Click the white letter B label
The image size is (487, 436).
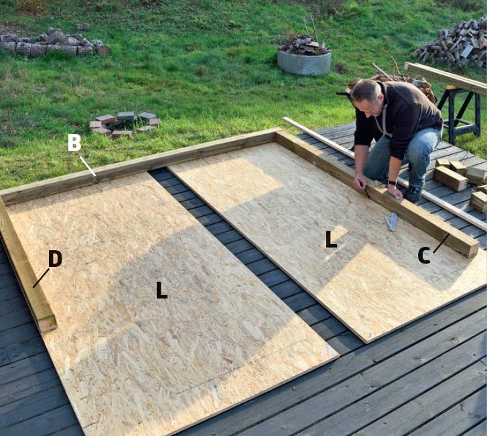coord(74,143)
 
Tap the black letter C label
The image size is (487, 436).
coord(423,256)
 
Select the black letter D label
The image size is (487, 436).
coord(55,259)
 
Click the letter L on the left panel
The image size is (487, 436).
coord(161,290)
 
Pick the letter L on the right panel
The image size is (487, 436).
coord(331,239)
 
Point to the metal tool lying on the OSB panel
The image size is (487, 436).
coord(391,221)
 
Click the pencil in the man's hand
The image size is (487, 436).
coord(364,189)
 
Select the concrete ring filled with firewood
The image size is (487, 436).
coord(303,61)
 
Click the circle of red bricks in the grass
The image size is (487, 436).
coord(124,124)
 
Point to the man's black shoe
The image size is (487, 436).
coord(413,195)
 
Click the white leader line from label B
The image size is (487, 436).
coord(88,166)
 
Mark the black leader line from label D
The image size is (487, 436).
coord(41,278)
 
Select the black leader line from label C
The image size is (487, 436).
coord(441,243)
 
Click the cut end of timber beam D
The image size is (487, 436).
coord(48,323)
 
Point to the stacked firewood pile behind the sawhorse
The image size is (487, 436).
coord(453,43)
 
